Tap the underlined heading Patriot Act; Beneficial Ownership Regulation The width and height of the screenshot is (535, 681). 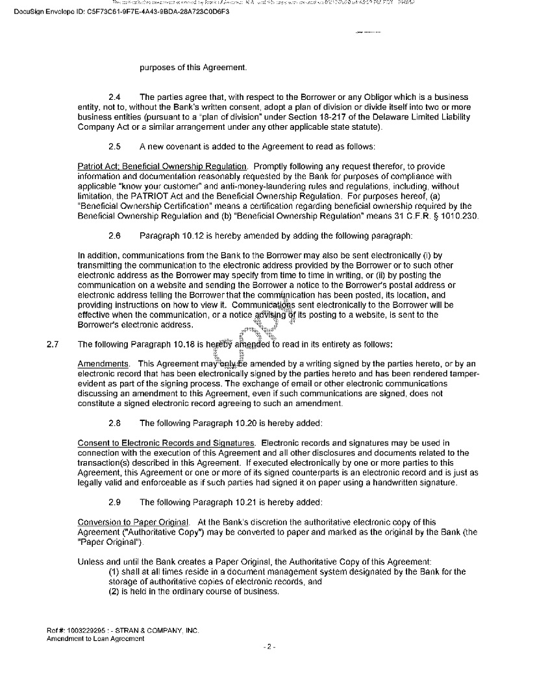(162, 166)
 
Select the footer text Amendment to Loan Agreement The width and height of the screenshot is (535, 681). (95, 638)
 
